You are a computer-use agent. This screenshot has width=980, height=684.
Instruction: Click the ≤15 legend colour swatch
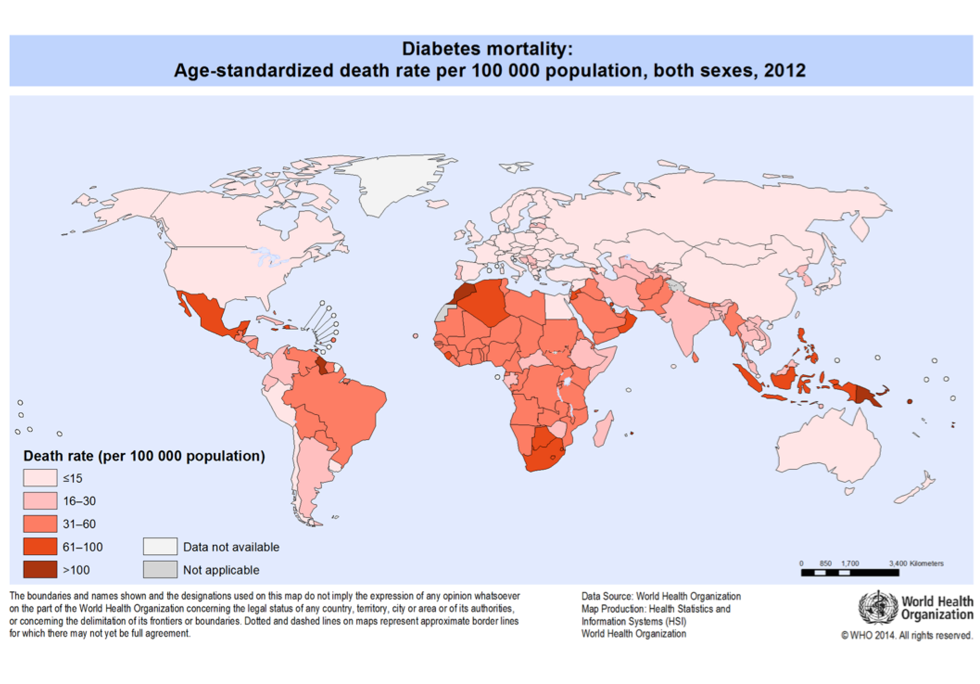(40, 478)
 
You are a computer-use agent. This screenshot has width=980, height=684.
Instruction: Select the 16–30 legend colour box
(40, 501)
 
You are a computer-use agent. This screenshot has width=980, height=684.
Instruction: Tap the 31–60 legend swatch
(40, 524)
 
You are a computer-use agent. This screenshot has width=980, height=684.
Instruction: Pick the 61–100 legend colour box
(40, 546)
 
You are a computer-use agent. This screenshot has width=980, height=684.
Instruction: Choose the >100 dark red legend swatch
(40, 569)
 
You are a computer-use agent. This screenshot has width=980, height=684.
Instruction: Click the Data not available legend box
(160, 546)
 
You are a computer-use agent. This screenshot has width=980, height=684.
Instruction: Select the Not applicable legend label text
(221, 570)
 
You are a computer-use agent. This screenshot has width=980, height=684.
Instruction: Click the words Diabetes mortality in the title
(487, 49)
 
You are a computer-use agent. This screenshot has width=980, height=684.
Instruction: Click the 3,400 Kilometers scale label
(916, 563)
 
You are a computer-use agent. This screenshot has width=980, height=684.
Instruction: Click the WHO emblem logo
(877, 607)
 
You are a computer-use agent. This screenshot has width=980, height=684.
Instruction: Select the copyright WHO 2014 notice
(906, 635)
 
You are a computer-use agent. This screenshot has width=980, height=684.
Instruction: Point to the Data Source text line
(661, 596)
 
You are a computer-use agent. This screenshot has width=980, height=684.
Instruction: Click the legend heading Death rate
(144, 456)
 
